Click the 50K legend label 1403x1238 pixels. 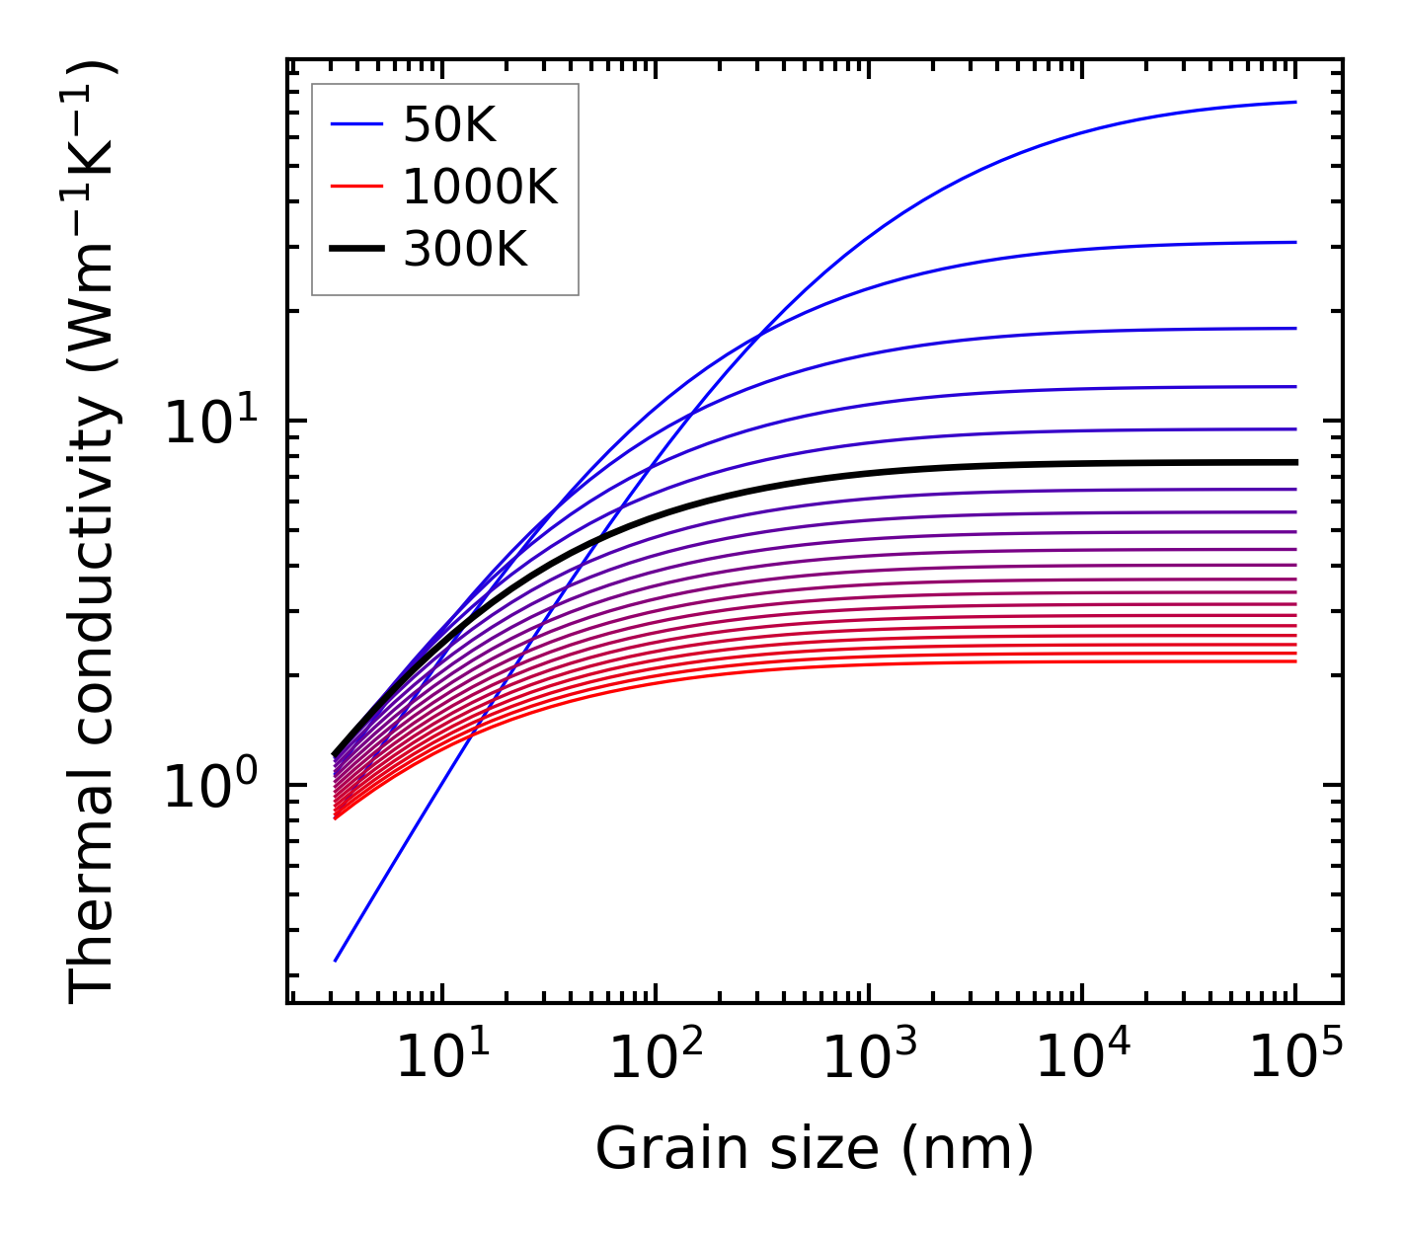[x=449, y=124]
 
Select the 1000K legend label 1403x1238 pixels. [x=480, y=187]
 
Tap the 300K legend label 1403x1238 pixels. [x=465, y=250]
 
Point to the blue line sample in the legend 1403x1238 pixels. [x=355, y=124]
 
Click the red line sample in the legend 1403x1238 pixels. [x=355, y=187]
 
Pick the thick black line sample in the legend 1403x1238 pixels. [x=355, y=250]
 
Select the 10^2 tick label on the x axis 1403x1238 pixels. [x=654, y=1057]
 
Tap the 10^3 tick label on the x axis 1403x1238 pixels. [x=867, y=1057]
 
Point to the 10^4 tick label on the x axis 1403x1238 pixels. [x=1080, y=1057]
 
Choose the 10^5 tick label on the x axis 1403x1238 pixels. [x=1294, y=1057]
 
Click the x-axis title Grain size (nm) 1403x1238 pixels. [x=815, y=1149]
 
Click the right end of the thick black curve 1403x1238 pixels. [x=1295, y=462]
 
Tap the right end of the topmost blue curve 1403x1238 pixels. [x=1295, y=102]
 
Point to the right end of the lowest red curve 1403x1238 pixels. [x=1295, y=660]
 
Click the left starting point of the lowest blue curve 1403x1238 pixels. [x=336, y=960]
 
